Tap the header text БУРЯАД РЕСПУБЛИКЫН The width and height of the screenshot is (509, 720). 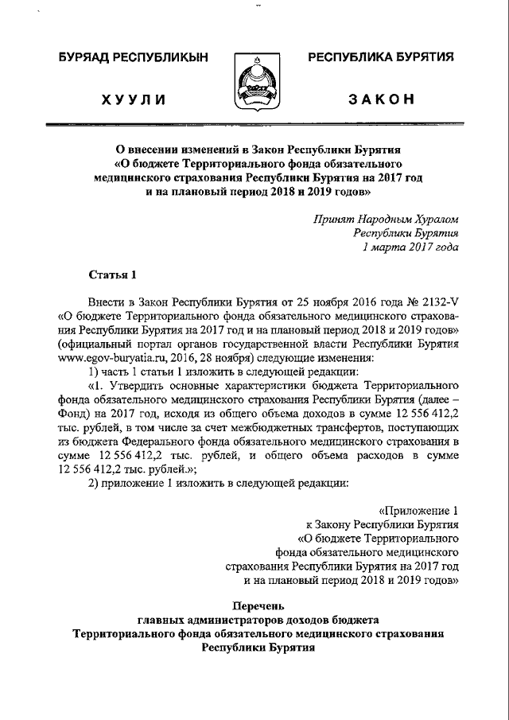(x=133, y=57)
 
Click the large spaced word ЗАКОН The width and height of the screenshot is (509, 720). (x=381, y=99)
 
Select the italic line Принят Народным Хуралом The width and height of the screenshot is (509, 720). (x=386, y=219)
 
